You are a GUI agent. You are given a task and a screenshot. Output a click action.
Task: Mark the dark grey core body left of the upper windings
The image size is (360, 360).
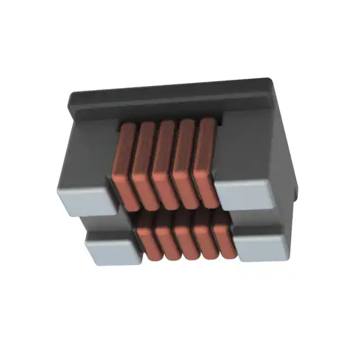point(90,152)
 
